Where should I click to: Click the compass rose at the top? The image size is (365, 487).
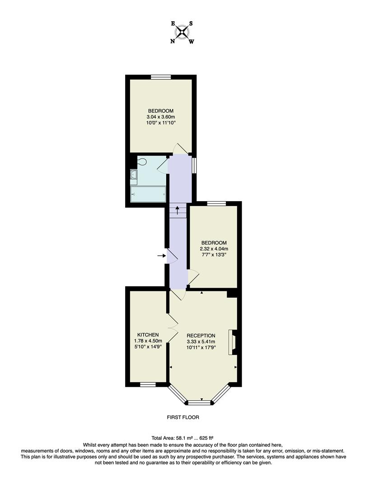[x=182, y=32]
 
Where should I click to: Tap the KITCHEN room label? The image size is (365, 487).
[x=148, y=335]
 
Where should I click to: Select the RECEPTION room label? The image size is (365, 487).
[x=201, y=335]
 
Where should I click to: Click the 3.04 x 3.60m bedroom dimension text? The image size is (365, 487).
[x=161, y=117]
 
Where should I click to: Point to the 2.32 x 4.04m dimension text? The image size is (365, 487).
[x=214, y=248]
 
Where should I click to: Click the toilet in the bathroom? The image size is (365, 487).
[x=141, y=162]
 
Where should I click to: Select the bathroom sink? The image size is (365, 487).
[x=134, y=175]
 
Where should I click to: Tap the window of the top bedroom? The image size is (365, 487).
[x=160, y=77]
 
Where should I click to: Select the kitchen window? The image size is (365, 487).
[x=147, y=385]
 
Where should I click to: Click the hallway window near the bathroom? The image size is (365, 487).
[x=194, y=165]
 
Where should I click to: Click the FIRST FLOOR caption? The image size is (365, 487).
[x=182, y=418]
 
